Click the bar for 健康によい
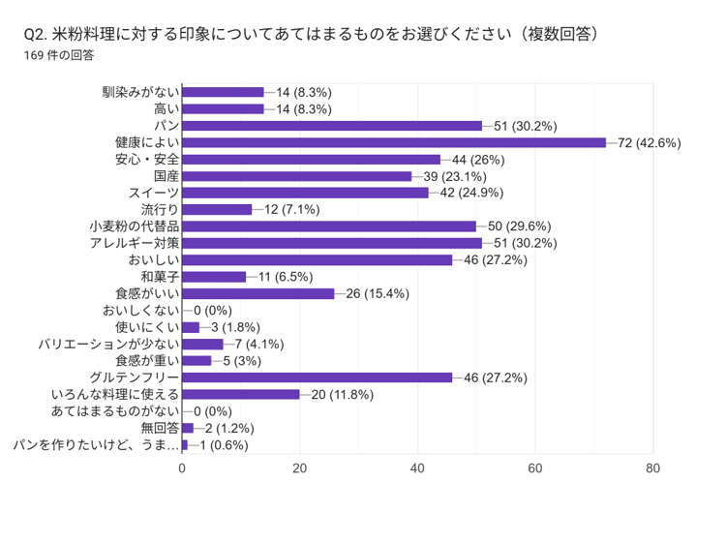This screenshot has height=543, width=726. [x=393, y=142]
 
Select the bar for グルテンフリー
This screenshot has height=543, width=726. [x=317, y=377]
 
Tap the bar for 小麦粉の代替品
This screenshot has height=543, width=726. [x=329, y=226]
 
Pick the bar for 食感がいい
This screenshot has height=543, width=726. [x=258, y=293]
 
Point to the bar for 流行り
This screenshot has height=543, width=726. [x=217, y=209]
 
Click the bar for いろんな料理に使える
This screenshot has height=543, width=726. [x=241, y=394]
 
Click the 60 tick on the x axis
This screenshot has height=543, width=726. [x=535, y=468]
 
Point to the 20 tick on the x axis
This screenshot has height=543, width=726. [x=300, y=468]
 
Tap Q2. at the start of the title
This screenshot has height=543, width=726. [x=38, y=34]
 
